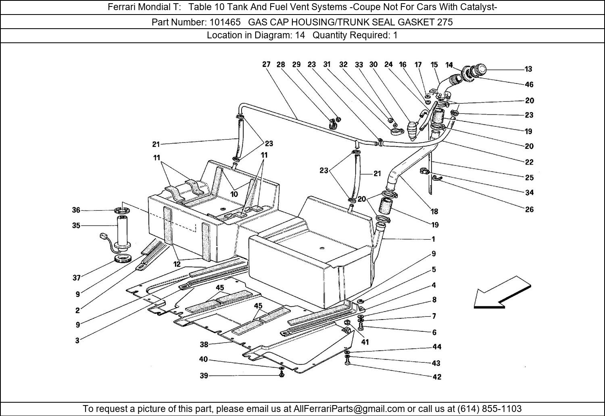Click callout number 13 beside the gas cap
(x=528, y=69)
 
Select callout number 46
(x=529, y=85)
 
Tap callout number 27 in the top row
(x=266, y=64)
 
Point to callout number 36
(x=76, y=210)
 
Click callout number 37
(x=77, y=278)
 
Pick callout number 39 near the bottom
(x=204, y=376)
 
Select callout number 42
(x=437, y=377)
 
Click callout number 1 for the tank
(x=433, y=239)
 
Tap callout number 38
(x=204, y=345)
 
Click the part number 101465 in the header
(x=225, y=22)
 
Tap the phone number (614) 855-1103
(x=489, y=408)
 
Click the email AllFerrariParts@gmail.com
(x=349, y=408)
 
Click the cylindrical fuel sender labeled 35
(x=123, y=232)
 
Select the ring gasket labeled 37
(x=123, y=259)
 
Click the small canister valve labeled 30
(x=413, y=131)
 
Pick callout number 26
(x=529, y=209)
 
